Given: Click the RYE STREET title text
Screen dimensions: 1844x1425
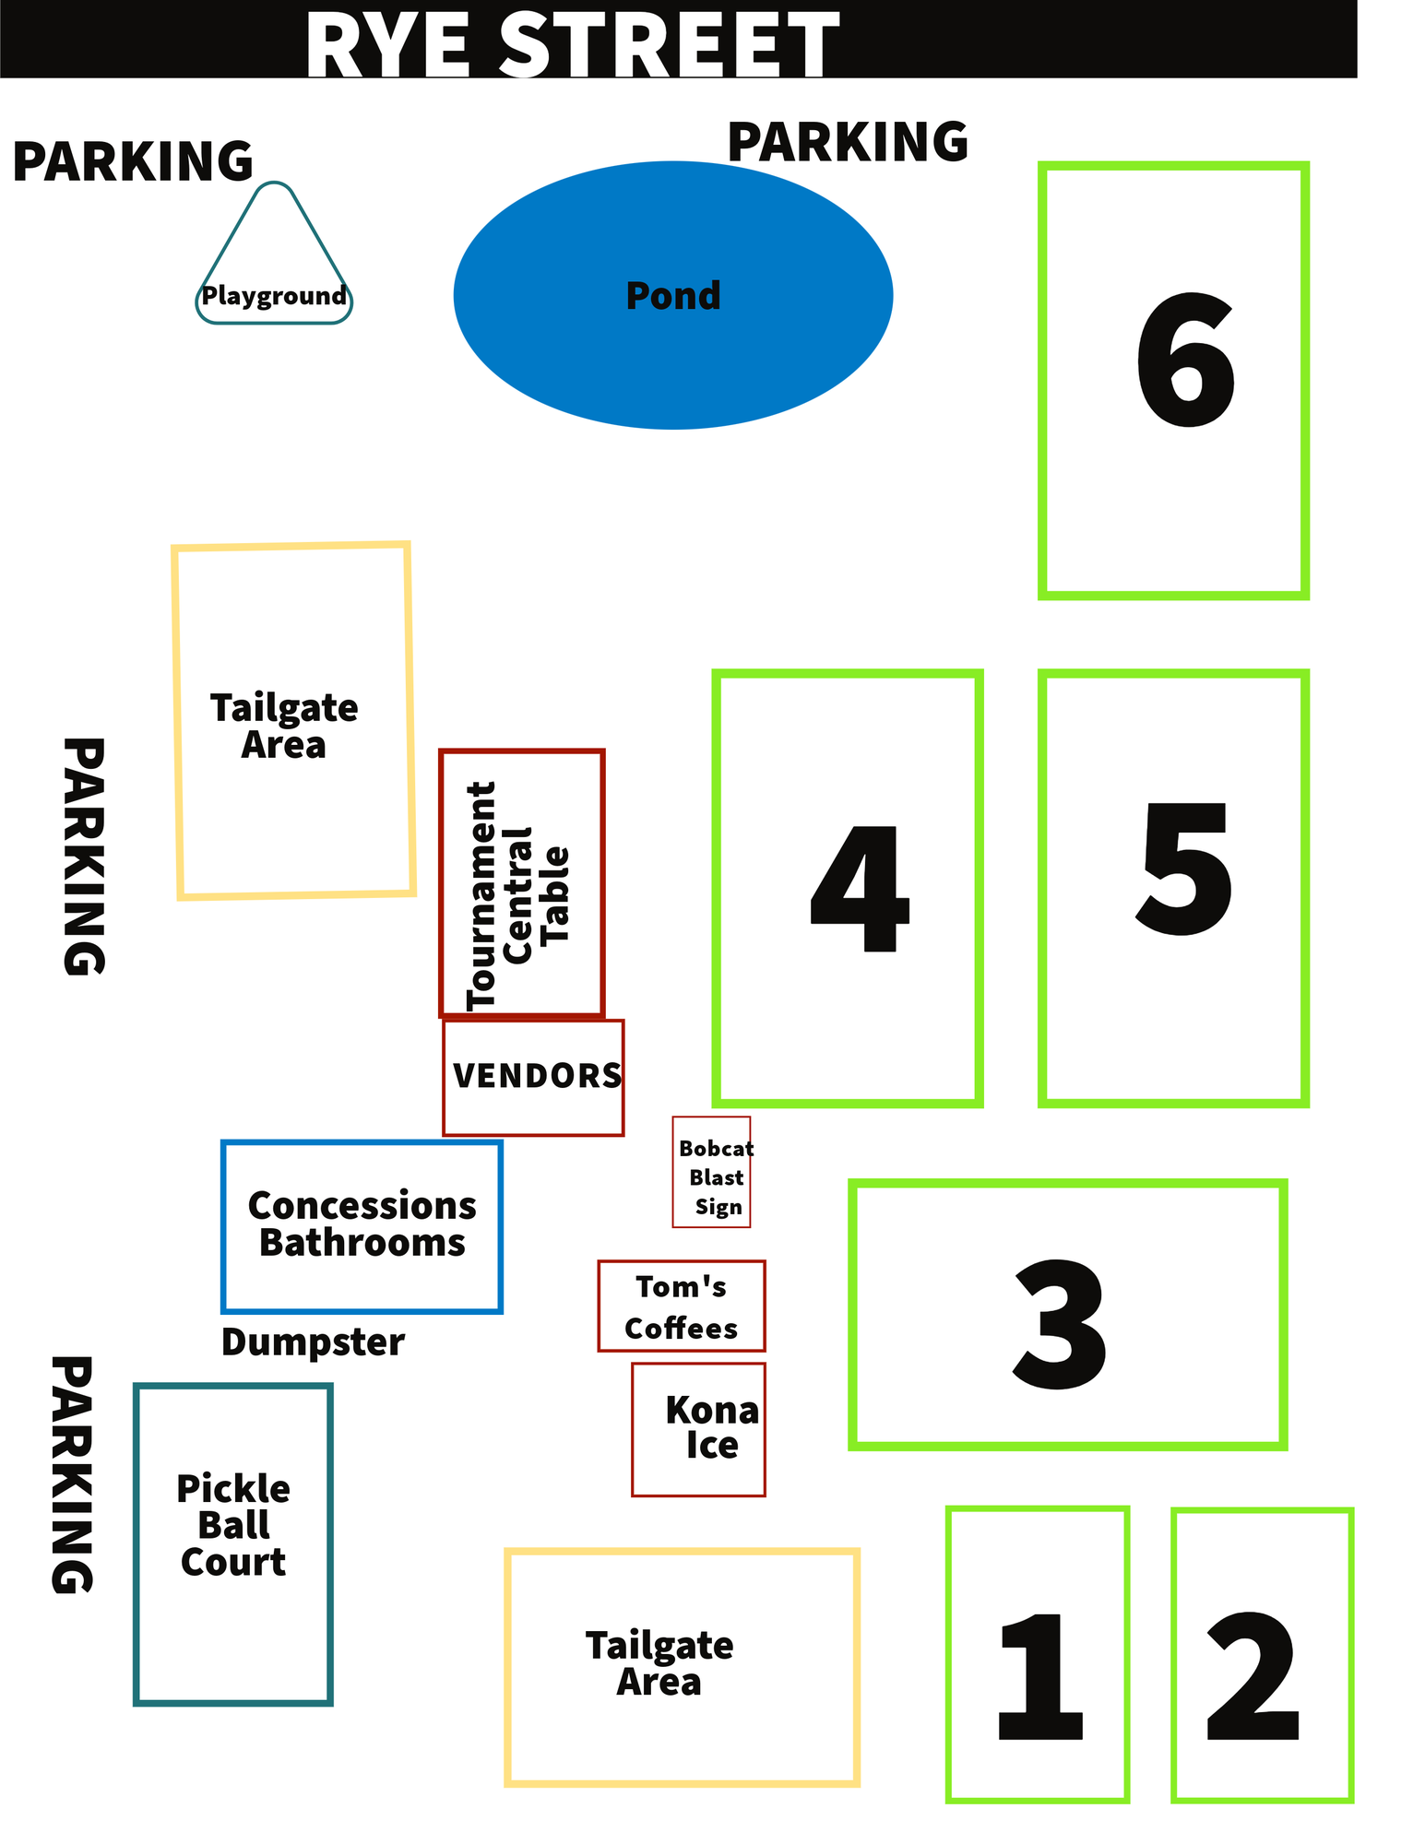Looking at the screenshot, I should (x=572, y=44).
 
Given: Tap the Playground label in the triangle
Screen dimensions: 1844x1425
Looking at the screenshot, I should (x=274, y=296).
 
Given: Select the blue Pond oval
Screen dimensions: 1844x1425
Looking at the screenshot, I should (x=672, y=295).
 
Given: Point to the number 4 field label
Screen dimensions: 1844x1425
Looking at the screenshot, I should (x=860, y=887).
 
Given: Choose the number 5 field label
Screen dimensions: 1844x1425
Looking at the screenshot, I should (x=1184, y=869).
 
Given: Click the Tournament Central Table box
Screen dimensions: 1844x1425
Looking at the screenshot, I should (x=521, y=883).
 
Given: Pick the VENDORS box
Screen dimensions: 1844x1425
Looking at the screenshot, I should (x=533, y=1077).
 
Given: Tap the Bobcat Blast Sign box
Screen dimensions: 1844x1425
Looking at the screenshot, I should (x=712, y=1172).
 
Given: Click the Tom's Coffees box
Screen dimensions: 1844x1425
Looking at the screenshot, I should (x=682, y=1306).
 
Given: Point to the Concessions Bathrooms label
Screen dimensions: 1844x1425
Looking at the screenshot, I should (x=362, y=1224).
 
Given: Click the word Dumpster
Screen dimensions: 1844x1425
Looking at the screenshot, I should (x=313, y=1342).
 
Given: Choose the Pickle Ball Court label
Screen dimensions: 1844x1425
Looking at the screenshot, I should (x=233, y=1526).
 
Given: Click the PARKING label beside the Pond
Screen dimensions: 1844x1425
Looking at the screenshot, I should (x=848, y=143).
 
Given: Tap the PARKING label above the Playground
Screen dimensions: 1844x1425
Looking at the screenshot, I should (x=133, y=161).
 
